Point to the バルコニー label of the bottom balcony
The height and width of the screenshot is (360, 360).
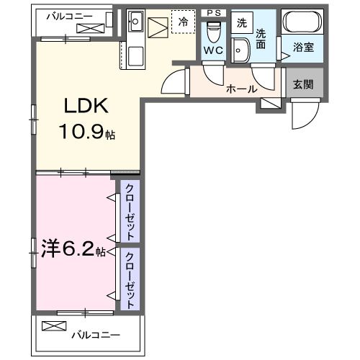pos(95,334)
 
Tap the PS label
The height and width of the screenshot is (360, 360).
pos(214,12)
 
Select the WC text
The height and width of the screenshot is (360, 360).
pos(212,51)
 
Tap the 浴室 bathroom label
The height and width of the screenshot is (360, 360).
pos(302,48)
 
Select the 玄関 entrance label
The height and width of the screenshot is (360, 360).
pos(302,84)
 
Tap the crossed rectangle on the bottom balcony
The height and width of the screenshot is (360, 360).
pos(53,326)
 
